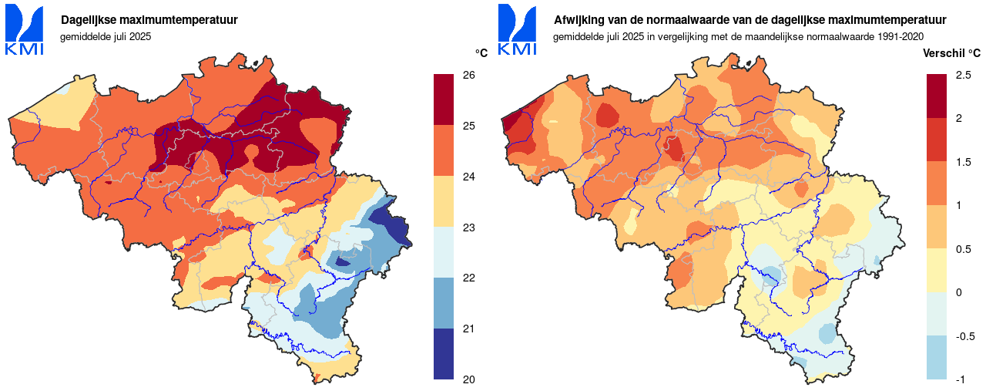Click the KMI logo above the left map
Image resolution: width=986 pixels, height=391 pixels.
click(x=25, y=30)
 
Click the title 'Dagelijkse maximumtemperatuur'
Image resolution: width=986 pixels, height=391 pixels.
click(x=149, y=20)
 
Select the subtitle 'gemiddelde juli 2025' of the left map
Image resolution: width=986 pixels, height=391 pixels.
click(x=106, y=36)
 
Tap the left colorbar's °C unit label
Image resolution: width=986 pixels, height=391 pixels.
click(x=481, y=53)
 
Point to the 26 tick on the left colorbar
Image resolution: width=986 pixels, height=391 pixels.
click(x=468, y=75)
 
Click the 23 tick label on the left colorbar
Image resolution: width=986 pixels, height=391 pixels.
click(x=468, y=228)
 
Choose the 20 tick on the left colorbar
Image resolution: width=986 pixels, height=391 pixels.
click(x=468, y=379)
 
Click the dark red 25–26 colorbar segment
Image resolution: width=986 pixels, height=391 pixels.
click(x=444, y=99)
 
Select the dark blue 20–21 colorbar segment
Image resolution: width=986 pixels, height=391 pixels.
click(x=444, y=354)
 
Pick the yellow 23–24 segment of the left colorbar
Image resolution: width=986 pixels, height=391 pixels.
click(x=444, y=201)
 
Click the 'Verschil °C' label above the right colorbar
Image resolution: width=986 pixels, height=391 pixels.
click(x=952, y=53)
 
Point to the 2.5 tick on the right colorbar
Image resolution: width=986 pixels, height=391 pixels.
click(x=962, y=75)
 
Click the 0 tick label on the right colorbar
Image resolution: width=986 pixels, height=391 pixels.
click(x=958, y=292)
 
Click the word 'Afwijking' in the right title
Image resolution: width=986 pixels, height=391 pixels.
click(x=579, y=20)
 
